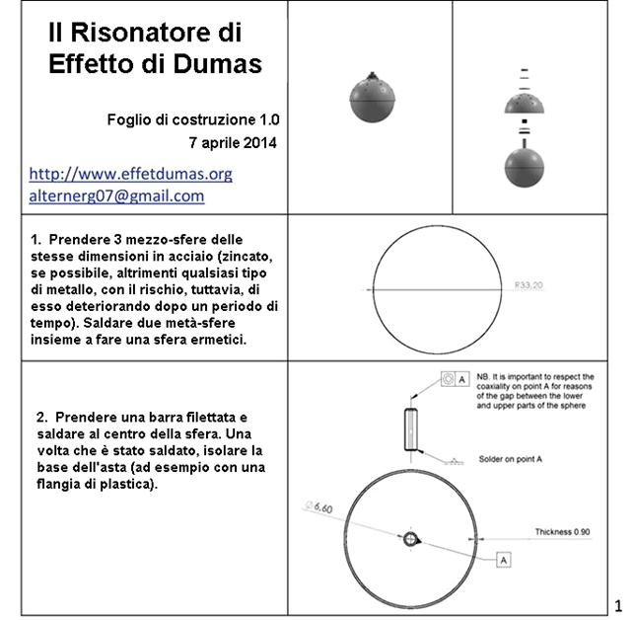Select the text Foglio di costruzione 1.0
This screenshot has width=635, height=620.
click(193, 119)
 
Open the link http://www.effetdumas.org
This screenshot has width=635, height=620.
click(130, 174)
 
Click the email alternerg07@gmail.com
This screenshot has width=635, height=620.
click(116, 195)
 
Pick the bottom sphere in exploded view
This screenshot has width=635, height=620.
click(524, 166)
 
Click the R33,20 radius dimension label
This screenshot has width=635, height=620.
click(529, 286)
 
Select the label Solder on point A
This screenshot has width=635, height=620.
click(509, 459)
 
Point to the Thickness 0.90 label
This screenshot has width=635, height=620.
click(563, 532)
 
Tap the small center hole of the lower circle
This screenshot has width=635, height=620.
click(411, 538)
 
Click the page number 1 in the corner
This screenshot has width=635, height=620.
click(617, 604)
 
